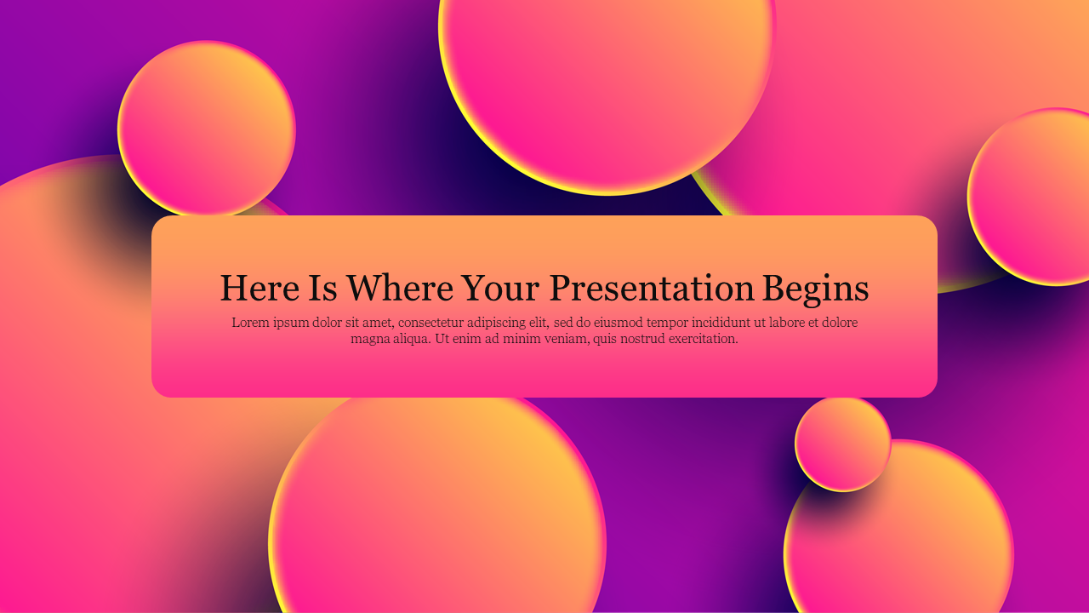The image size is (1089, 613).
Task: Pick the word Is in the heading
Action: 323,288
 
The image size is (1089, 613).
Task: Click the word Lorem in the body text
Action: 249,323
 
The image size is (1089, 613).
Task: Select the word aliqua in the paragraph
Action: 412,339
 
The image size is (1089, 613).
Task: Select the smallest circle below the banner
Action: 842,444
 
